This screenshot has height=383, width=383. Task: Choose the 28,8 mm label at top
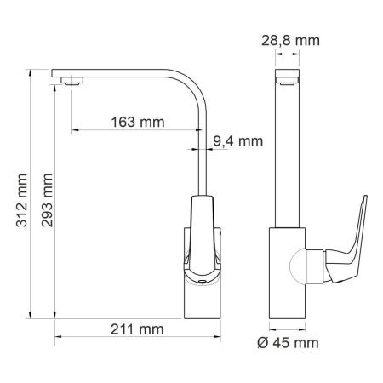[x=290, y=39]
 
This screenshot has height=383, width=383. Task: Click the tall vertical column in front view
[x=290, y=153]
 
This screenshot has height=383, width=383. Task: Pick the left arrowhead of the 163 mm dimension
[x=76, y=130]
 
